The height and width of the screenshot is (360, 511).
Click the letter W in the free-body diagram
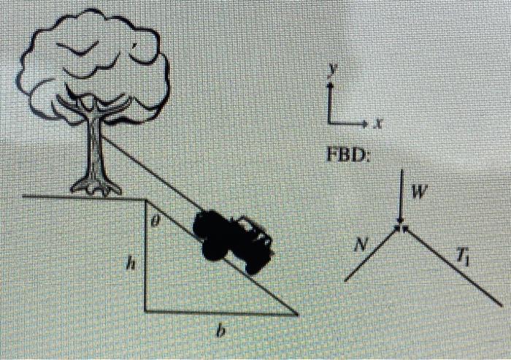tap(418, 192)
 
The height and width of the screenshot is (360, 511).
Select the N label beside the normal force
tap(360, 244)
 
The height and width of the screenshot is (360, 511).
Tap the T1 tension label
tap(463, 258)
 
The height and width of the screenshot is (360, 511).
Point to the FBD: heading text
tap(347, 155)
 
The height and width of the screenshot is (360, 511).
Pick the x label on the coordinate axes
tap(377, 123)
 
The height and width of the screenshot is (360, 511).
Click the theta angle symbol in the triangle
tap(155, 222)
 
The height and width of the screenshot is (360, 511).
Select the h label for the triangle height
tap(131, 264)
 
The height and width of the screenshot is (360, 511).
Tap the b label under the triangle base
tap(221, 331)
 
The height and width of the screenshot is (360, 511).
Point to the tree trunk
tap(95, 147)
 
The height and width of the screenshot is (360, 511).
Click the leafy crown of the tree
tap(93, 64)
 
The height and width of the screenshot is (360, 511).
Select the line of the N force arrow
tap(372, 253)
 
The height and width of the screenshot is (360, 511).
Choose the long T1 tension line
tap(453, 267)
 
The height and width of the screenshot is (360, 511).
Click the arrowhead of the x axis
tap(365, 123)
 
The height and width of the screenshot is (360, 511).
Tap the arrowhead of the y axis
tap(330, 85)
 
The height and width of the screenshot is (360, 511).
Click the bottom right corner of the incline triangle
tap(298, 314)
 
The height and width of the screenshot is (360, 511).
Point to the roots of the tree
tap(96, 188)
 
